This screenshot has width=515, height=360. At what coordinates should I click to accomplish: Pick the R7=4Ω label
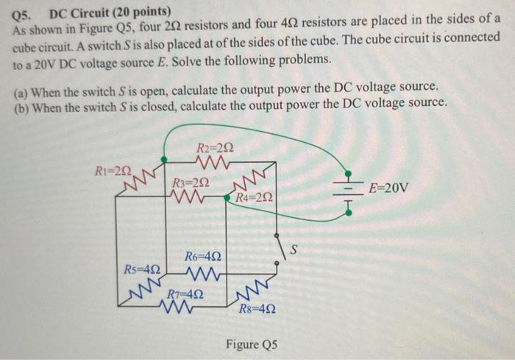pos(185,292)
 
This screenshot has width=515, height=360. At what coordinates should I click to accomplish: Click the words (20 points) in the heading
pos(144,12)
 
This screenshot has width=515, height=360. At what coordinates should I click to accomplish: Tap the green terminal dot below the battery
pos(349,213)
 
